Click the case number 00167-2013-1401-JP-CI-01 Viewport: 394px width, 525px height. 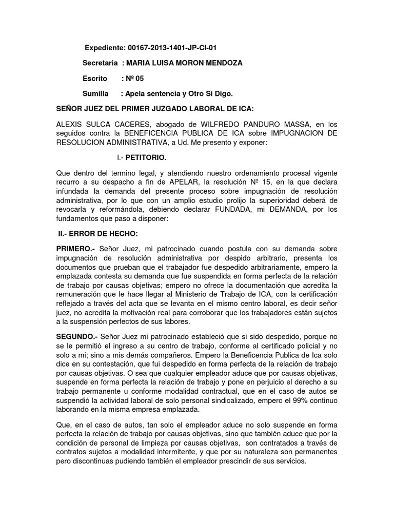pyautogui.click(x=175, y=48)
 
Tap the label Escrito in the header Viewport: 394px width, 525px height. pyautogui.click(x=95, y=78)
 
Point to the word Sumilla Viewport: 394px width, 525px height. pyautogui.click(x=95, y=94)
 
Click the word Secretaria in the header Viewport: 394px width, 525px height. pyautogui.click(x=101, y=63)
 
